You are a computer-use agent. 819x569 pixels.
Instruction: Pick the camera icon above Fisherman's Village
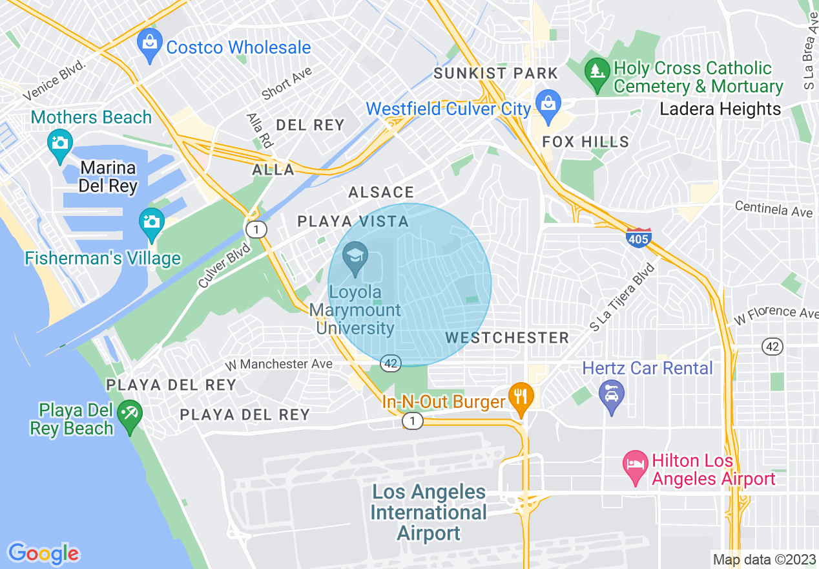(151, 223)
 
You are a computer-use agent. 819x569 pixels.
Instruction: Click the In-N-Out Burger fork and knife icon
(521, 397)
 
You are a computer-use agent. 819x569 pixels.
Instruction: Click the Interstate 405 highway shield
(638, 237)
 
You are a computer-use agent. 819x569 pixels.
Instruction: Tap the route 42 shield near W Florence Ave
(772, 347)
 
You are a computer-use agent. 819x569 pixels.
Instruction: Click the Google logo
(43, 553)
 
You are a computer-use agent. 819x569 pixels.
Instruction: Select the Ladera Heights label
(720, 109)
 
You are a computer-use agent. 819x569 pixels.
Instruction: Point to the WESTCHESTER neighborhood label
(507, 338)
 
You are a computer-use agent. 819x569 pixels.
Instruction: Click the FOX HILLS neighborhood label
(585, 142)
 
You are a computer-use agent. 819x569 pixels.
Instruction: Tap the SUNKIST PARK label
(495, 73)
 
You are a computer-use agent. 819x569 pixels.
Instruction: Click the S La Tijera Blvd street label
(621, 298)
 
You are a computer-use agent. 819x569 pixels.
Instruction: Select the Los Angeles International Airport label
(429, 512)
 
